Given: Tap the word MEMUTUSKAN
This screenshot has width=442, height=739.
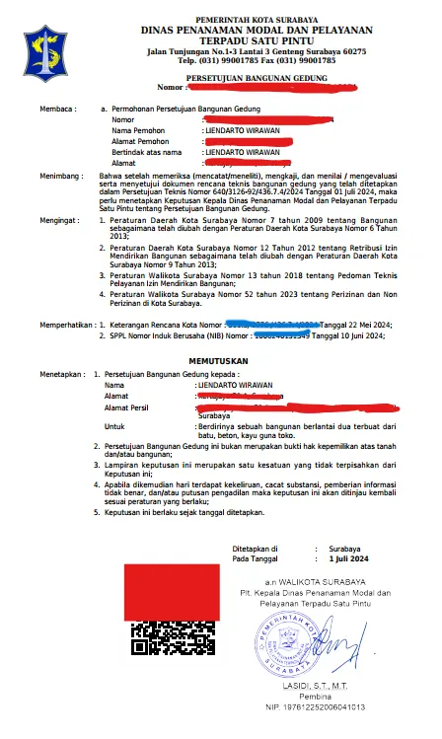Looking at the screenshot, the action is pos(221,362).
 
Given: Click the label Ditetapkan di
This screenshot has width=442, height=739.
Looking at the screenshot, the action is pos(255,547).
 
